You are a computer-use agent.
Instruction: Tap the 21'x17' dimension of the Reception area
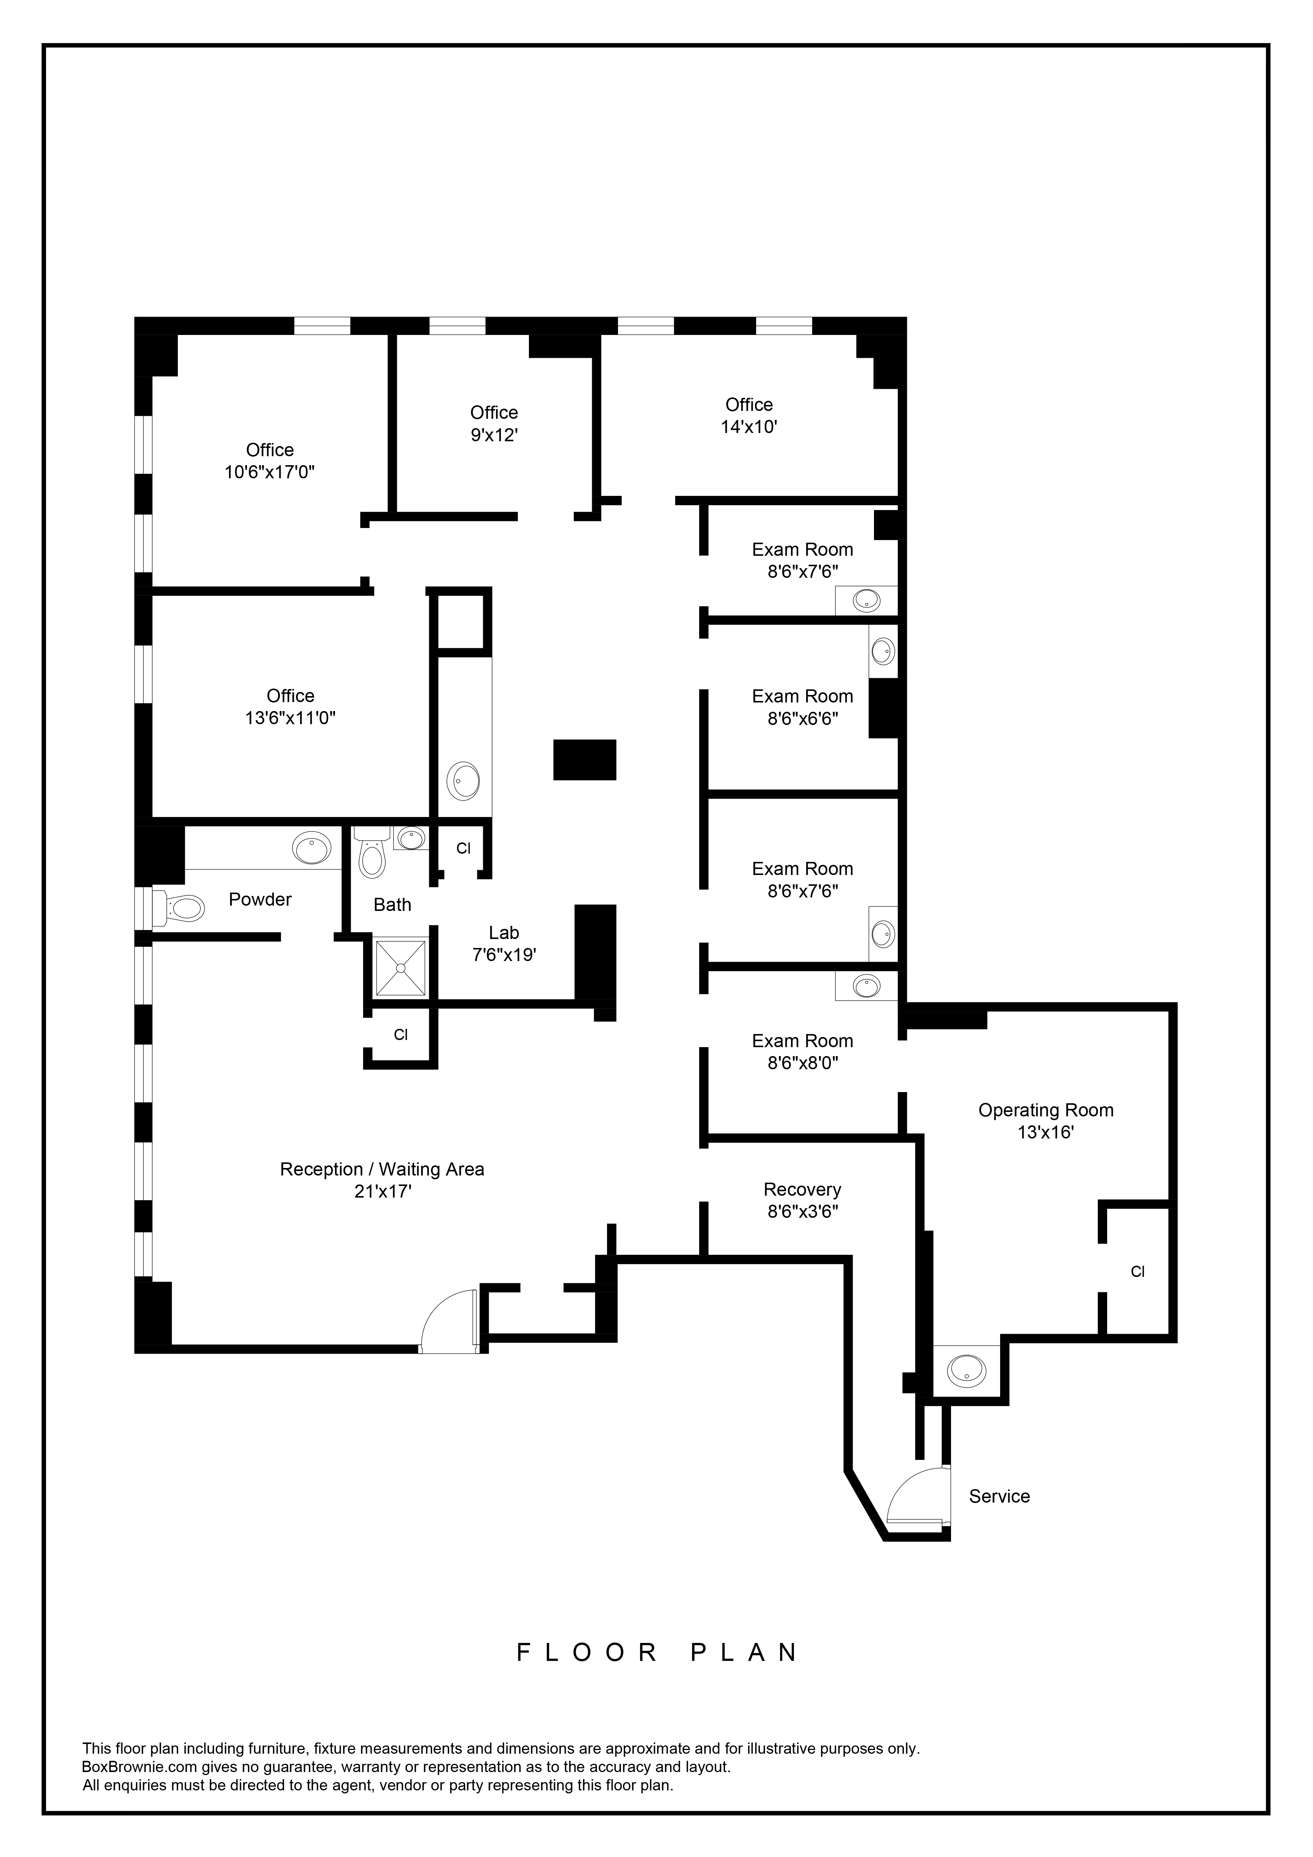point(383,1191)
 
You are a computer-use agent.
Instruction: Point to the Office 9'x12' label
point(494,423)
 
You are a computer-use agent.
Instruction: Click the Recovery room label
point(802,1200)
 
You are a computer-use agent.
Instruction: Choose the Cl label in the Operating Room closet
point(1137,1271)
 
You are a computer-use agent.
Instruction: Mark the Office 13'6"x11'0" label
point(290,706)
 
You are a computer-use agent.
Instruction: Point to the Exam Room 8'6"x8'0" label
point(802,1051)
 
